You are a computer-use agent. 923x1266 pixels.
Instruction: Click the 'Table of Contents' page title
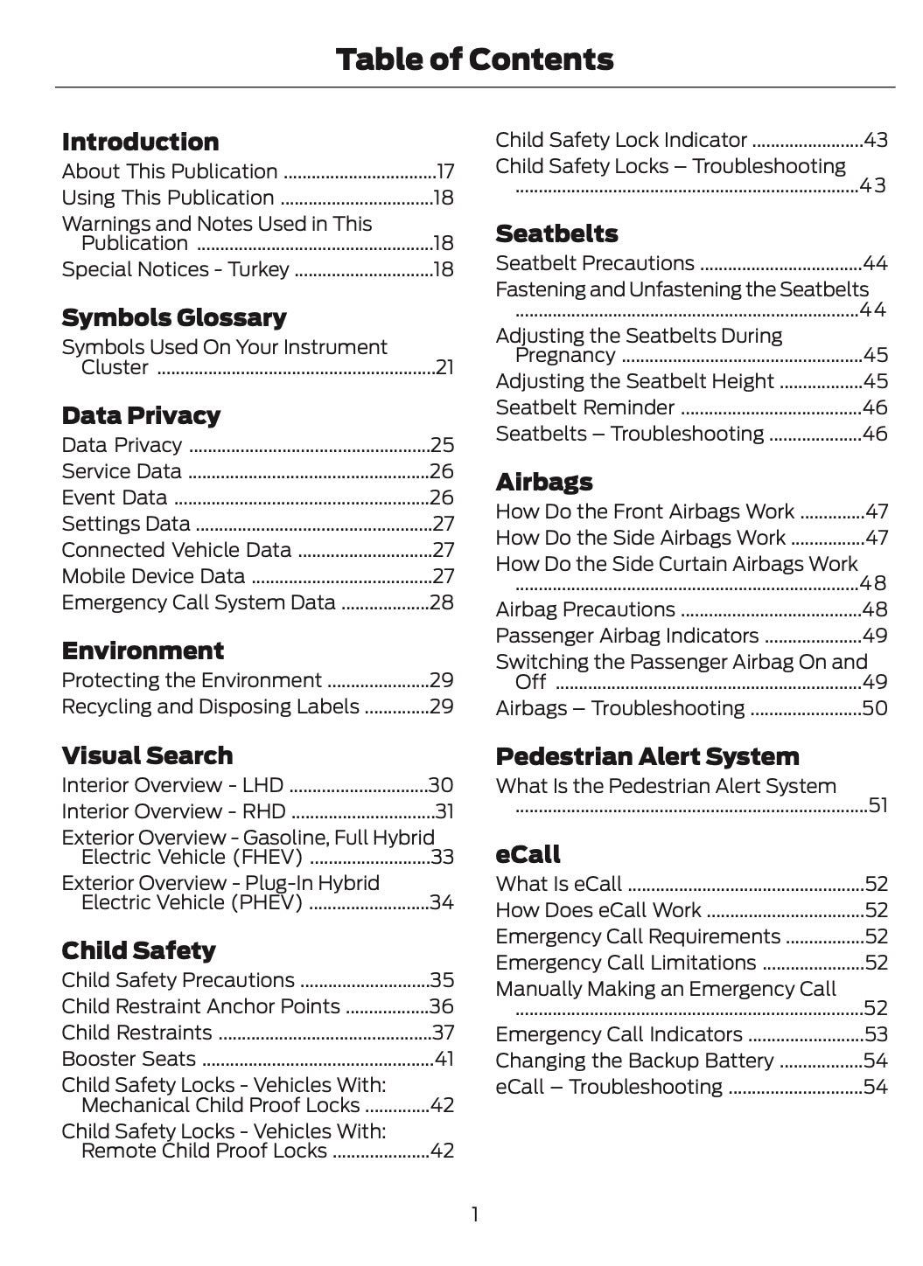pyautogui.click(x=474, y=59)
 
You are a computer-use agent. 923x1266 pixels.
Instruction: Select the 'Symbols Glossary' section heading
pyautogui.click(x=174, y=317)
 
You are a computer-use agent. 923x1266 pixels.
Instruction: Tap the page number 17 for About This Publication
pyautogui.click(x=444, y=172)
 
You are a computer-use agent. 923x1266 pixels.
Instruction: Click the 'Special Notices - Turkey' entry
pyautogui.click(x=175, y=269)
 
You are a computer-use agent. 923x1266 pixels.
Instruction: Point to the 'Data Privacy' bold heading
pyautogui.click(x=141, y=415)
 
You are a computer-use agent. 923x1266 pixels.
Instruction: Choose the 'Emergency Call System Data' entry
pyautogui.click(x=199, y=602)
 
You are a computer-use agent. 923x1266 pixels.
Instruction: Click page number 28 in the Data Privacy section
pyautogui.click(x=442, y=602)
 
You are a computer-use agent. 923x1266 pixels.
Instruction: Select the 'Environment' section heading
pyautogui.click(x=143, y=650)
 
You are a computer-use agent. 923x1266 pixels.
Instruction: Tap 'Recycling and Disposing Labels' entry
pyautogui.click(x=210, y=706)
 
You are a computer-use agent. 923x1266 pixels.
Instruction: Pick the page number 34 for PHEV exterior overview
pyautogui.click(x=442, y=902)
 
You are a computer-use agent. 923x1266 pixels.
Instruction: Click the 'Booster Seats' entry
pyautogui.click(x=129, y=1059)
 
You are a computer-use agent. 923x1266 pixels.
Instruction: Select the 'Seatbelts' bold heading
pyautogui.click(x=556, y=233)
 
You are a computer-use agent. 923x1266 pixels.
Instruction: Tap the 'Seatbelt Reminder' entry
pyautogui.click(x=584, y=407)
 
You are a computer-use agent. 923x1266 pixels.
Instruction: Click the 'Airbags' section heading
pyautogui.click(x=543, y=482)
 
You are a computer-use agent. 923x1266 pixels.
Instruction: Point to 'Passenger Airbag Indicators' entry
pyautogui.click(x=626, y=636)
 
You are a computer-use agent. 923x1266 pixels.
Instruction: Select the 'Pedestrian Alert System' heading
pyautogui.click(x=647, y=756)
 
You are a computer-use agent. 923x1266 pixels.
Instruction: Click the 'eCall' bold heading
pyautogui.click(x=528, y=854)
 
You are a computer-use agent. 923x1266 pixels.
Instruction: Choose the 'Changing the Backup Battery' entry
pyautogui.click(x=634, y=1061)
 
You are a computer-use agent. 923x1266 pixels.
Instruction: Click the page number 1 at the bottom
pyautogui.click(x=474, y=1214)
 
